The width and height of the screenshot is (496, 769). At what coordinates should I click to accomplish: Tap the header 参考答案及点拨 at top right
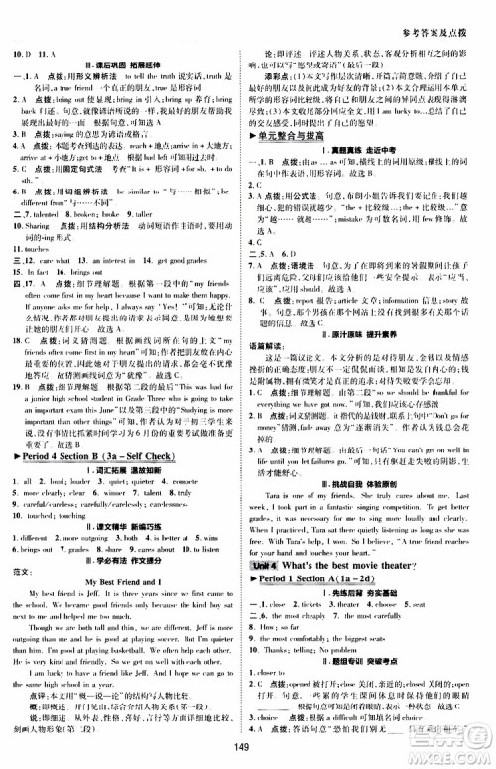(444, 11)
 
